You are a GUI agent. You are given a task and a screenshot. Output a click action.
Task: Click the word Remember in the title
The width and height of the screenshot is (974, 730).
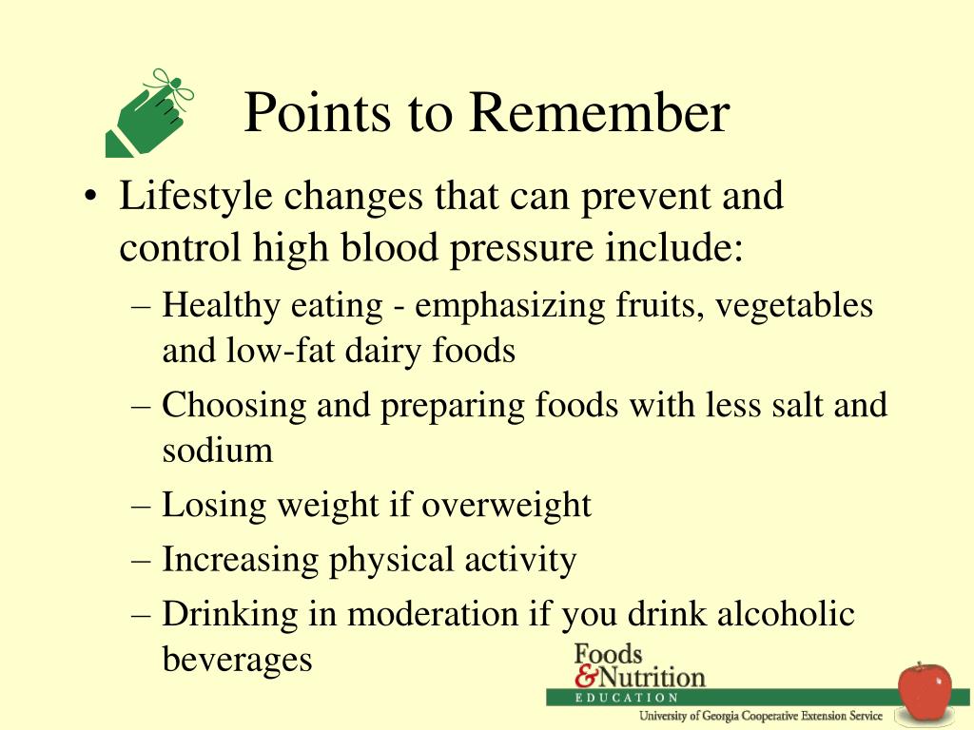599,112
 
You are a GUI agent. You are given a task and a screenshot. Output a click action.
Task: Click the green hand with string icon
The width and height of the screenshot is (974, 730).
149,113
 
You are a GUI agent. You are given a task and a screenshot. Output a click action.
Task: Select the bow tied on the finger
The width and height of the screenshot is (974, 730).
170,86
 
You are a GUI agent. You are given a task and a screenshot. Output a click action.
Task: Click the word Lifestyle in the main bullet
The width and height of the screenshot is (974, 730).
196,197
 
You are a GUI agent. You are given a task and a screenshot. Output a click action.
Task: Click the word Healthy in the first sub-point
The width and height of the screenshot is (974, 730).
221,307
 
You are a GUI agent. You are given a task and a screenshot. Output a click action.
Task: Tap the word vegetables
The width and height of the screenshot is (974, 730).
794,307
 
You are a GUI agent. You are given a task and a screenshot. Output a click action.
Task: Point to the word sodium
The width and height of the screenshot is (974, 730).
218,450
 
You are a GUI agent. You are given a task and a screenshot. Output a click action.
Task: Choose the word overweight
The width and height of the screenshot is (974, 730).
506,506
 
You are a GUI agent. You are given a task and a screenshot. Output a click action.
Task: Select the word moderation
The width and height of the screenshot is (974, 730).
433,615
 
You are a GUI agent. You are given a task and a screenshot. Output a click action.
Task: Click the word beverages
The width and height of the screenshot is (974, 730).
237,660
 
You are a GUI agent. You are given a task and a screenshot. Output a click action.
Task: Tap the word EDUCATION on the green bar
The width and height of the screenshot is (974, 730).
627,698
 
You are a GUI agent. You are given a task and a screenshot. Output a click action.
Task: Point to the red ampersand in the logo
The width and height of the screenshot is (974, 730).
586,676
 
